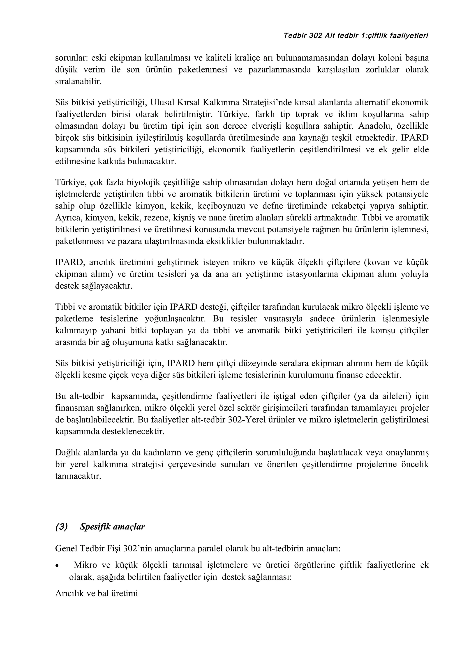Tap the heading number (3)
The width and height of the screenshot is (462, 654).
point(62,527)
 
